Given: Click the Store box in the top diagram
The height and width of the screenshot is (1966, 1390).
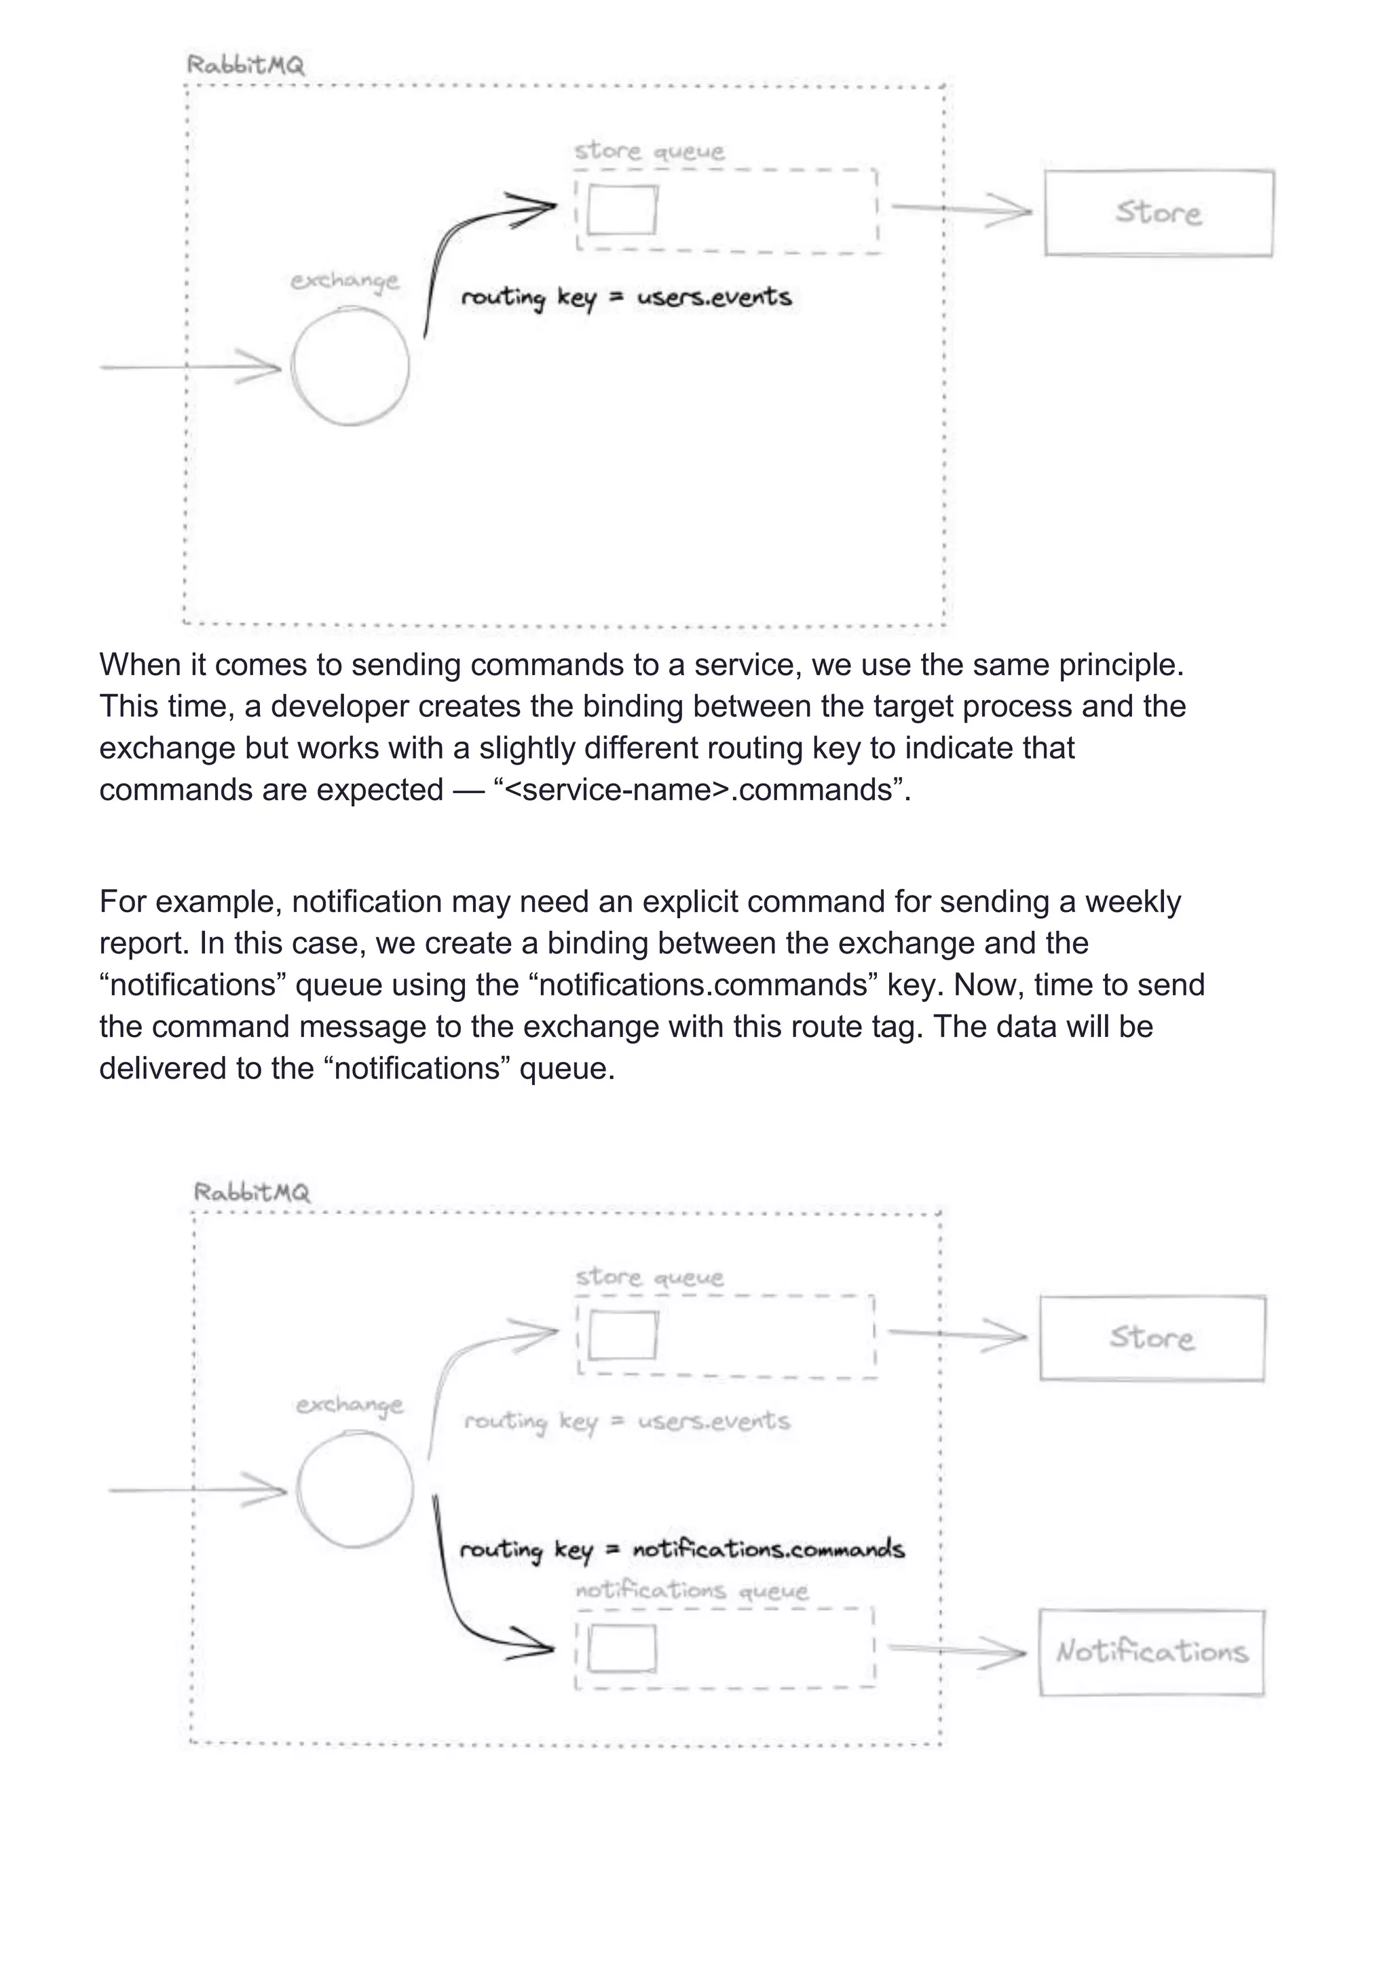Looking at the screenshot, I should pyautogui.click(x=1158, y=213).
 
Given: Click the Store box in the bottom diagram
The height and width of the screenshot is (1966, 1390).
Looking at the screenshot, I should pyautogui.click(x=1152, y=1338).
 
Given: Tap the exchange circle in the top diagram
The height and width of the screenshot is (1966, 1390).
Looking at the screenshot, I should pyautogui.click(x=350, y=367).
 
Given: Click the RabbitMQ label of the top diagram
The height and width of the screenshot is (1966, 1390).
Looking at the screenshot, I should pyautogui.click(x=246, y=65).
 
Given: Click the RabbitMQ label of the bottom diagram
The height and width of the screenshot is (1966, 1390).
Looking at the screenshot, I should pyautogui.click(x=252, y=1191).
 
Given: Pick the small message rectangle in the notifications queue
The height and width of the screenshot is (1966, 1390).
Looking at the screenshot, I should pyautogui.click(x=622, y=1648).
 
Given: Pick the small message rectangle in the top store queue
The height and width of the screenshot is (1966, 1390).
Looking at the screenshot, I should pyautogui.click(x=622, y=210).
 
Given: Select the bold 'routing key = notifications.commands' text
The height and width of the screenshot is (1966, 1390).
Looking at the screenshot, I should pyautogui.click(x=681, y=1550).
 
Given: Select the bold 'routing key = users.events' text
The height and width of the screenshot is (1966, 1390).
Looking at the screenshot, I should pyautogui.click(x=626, y=297).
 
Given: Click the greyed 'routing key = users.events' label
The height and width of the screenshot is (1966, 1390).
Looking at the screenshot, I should pyautogui.click(x=626, y=1421).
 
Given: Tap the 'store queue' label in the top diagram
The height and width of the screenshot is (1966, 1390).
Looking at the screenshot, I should pyautogui.click(x=649, y=151).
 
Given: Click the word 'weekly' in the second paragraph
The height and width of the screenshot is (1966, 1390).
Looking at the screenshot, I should pyautogui.click(x=1132, y=902).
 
